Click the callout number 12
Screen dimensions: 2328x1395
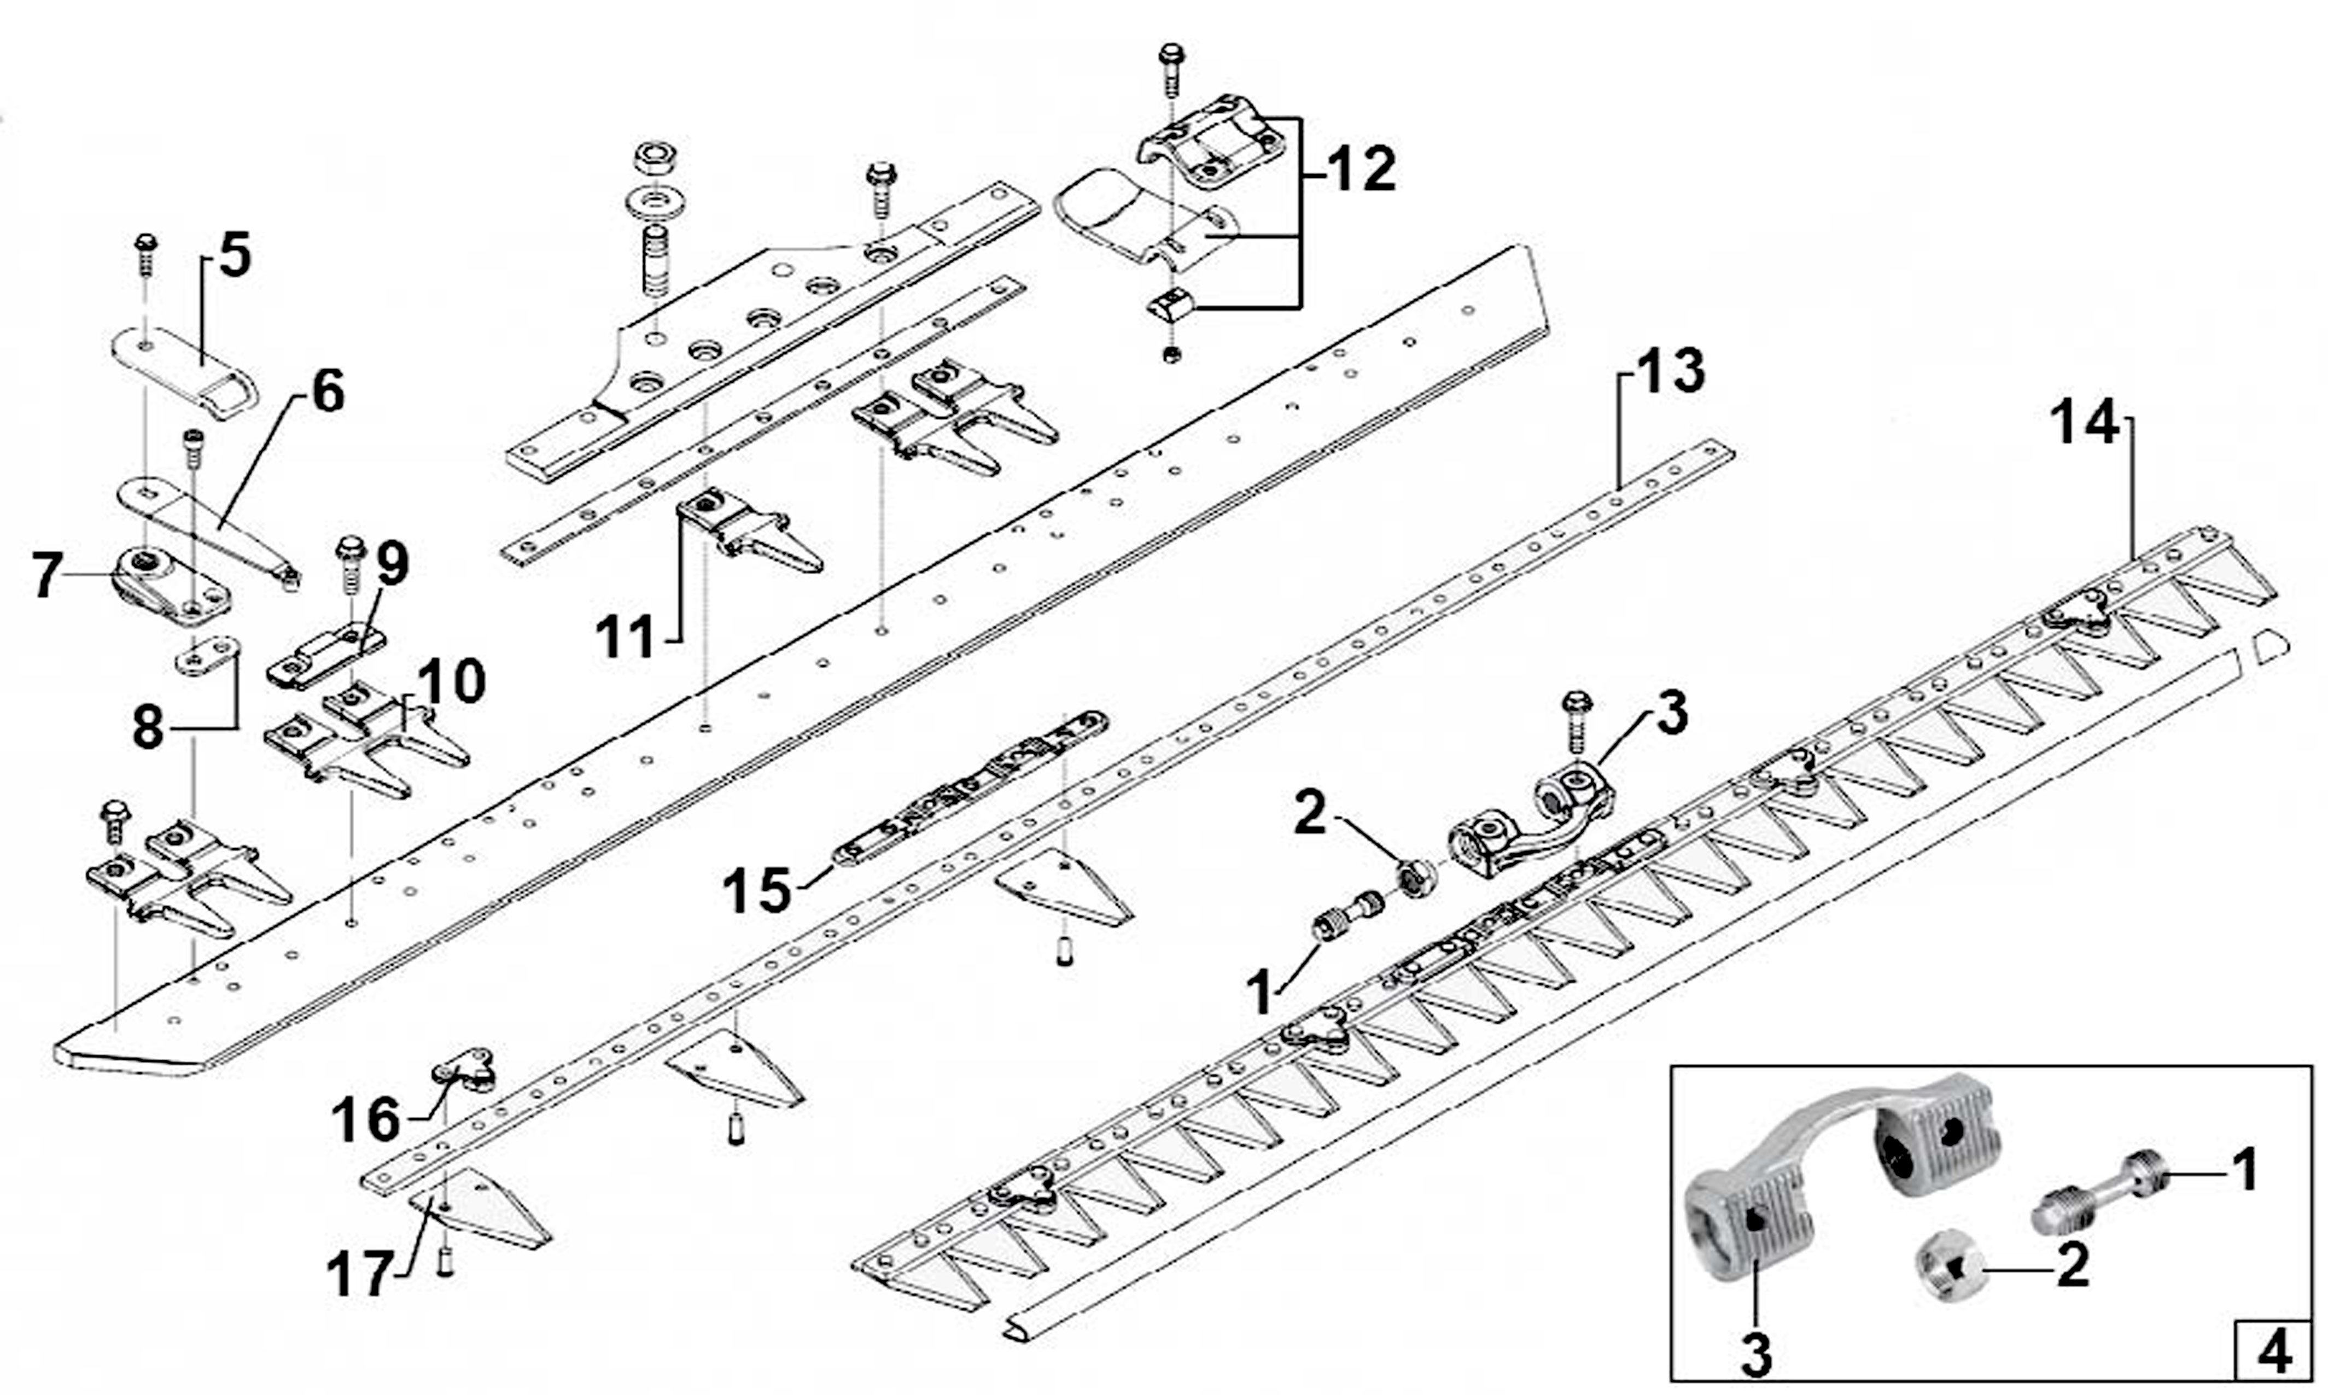pyautogui.click(x=1361, y=169)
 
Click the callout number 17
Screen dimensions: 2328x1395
pyautogui.click(x=358, y=1276)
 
